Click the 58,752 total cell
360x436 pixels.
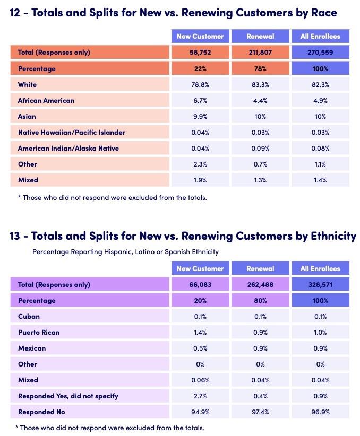[x=200, y=53]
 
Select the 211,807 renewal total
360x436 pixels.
[x=260, y=53]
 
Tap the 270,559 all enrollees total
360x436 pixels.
[x=320, y=53]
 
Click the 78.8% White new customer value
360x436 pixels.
[x=200, y=84]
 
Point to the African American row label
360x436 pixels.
[x=46, y=100]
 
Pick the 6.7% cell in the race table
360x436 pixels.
[x=200, y=100]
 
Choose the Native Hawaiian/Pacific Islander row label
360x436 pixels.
[x=71, y=132]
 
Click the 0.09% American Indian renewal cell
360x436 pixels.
[x=260, y=148]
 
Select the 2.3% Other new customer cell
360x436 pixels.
[x=200, y=164]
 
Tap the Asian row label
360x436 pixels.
[x=27, y=116]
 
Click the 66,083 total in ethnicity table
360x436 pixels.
[x=200, y=285]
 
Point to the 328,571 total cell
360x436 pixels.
[x=320, y=285]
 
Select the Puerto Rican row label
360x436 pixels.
[x=39, y=333]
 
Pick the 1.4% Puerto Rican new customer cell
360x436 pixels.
[x=200, y=333]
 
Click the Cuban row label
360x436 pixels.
[x=29, y=317]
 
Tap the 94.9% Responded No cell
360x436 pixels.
[x=200, y=412]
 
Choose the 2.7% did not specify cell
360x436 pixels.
[x=200, y=396]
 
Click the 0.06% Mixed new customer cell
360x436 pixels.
[x=200, y=380]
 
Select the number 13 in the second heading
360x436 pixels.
[x=16, y=236]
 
